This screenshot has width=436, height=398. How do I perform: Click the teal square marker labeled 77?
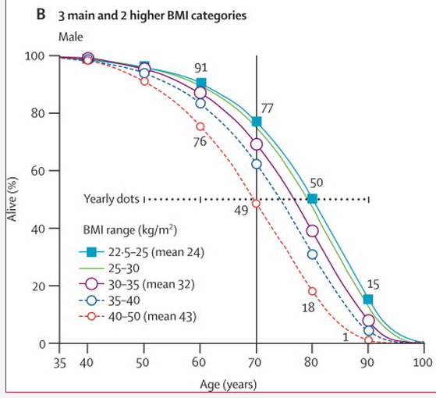257,122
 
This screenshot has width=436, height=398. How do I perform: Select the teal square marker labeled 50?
312,199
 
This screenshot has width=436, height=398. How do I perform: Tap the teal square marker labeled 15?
368,300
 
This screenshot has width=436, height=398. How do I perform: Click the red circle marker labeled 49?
257,204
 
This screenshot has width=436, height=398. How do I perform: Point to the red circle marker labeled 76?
200,126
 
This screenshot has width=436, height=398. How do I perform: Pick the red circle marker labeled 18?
312,291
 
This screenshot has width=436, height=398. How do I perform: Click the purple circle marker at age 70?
257,144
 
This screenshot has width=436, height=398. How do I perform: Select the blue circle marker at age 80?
312,254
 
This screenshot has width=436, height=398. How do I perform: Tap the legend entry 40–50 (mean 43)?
137,317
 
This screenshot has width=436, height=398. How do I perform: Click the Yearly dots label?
112,198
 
